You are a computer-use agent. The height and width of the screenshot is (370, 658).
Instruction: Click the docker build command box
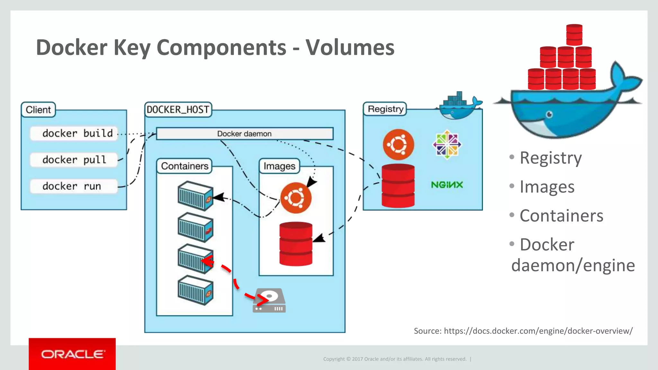click(74, 133)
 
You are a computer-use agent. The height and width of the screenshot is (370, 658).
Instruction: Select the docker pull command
click(74, 160)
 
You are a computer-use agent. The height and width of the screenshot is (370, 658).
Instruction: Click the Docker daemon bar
click(245, 134)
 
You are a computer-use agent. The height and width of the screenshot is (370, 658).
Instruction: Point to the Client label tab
click(38, 110)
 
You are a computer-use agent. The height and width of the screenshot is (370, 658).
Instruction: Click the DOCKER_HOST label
click(178, 110)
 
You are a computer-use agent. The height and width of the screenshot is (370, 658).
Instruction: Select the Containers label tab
click(184, 166)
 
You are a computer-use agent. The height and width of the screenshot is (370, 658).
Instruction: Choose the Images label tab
click(279, 166)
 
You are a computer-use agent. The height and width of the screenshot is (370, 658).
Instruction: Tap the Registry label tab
click(385, 109)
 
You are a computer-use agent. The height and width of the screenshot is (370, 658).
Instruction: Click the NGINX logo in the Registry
click(447, 185)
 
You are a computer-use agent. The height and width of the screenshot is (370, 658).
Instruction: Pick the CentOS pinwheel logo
click(447, 145)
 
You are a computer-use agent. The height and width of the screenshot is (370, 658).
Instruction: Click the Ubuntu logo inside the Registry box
click(398, 145)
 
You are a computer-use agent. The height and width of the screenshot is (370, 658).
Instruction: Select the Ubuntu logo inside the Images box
click(296, 198)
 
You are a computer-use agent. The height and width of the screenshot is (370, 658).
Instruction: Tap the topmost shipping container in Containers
click(195, 196)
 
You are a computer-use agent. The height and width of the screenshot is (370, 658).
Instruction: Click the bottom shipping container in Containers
click(195, 290)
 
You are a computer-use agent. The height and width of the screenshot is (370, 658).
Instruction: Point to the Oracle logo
click(72, 354)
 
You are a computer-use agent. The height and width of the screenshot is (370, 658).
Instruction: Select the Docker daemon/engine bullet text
click(573, 255)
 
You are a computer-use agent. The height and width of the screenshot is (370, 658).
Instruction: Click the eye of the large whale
click(549, 114)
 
